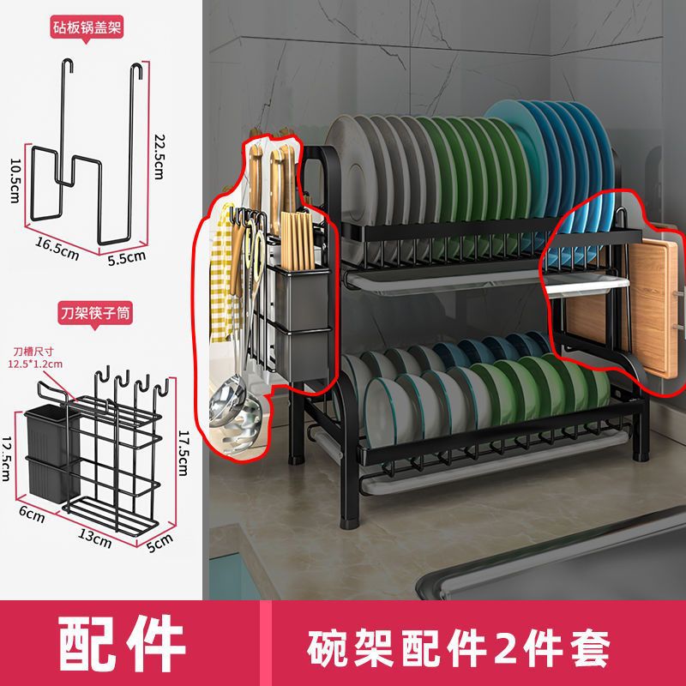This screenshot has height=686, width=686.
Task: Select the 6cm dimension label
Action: (32, 514)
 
